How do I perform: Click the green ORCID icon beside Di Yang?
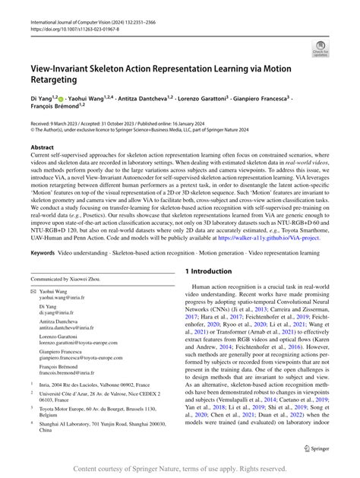click(60, 98)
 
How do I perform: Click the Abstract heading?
click(42, 148)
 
